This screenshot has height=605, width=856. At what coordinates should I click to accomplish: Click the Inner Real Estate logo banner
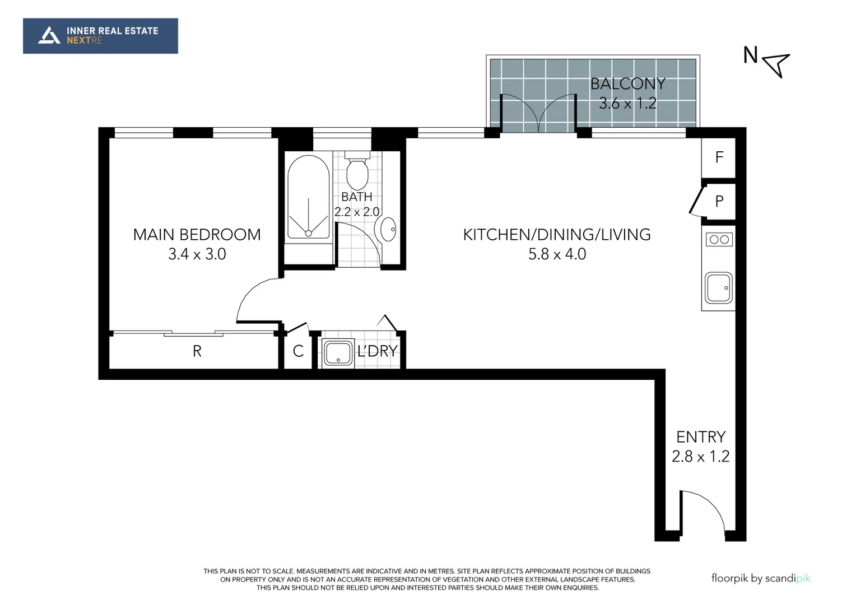(100, 36)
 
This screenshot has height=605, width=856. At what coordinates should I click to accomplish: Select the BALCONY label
(627, 84)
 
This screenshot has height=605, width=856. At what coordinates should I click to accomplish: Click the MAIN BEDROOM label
(197, 235)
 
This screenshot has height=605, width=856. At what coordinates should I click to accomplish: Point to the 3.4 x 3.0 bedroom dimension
(197, 254)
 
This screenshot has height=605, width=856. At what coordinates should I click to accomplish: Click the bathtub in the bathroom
(308, 199)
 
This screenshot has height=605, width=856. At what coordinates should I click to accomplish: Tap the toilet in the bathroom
(357, 171)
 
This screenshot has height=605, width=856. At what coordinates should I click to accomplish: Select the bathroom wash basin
(388, 229)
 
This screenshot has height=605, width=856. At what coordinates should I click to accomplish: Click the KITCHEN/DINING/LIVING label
(557, 235)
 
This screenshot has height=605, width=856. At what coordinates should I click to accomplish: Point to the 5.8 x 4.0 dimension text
(557, 254)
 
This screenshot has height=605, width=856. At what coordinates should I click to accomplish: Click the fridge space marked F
(719, 157)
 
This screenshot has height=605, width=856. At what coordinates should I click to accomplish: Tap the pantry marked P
(719, 201)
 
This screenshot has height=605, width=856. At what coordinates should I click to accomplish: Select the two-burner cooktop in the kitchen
(719, 240)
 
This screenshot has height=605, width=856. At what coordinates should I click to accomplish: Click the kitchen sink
(718, 287)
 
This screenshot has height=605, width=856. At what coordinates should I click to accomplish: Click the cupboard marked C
(298, 351)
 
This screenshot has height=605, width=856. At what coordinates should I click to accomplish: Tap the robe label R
(197, 351)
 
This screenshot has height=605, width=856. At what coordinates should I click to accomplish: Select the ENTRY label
(700, 437)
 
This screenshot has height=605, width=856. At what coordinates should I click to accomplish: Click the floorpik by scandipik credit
(760, 578)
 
